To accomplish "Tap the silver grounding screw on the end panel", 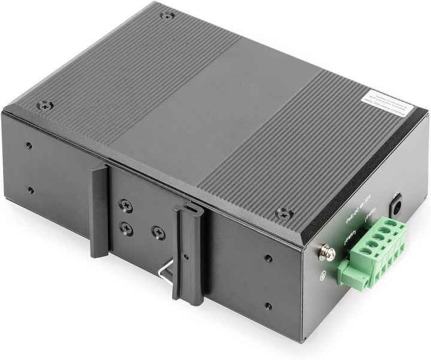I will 327,253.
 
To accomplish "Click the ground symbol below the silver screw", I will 324,276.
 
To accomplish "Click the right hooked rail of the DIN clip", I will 186,251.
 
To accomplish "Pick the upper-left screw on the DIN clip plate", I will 125,205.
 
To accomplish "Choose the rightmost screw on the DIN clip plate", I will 158,233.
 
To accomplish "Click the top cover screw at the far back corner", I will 167,14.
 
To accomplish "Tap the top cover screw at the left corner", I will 44,106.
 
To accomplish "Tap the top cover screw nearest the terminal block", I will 284,213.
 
